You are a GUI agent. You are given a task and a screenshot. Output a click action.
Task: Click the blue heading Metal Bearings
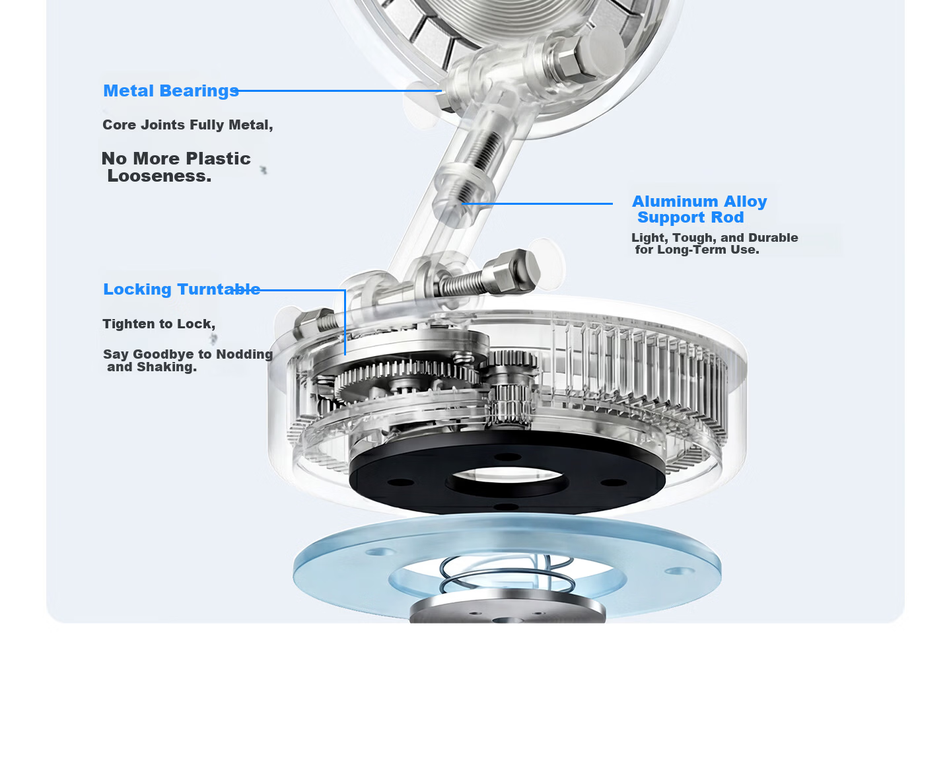[x=170, y=91]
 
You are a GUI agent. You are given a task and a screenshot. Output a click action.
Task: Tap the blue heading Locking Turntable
[x=182, y=289]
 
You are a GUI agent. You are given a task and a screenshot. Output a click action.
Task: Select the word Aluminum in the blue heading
[x=675, y=201]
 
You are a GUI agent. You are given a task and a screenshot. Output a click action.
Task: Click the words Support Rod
[x=691, y=217]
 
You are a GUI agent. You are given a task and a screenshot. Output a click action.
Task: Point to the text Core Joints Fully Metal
[x=188, y=125]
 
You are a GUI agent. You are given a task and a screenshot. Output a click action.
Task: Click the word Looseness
[x=159, y=176]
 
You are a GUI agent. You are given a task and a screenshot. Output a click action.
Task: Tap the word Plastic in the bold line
[x=218, y=159]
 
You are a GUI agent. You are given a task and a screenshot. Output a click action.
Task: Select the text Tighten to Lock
[x=158, y=324]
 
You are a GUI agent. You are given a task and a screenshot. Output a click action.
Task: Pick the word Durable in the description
[x=773, y=238]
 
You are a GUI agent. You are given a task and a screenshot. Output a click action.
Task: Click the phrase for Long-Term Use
[x=697, y=250]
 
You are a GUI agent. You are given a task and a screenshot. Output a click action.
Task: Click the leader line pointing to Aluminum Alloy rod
[x=537, y=203]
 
